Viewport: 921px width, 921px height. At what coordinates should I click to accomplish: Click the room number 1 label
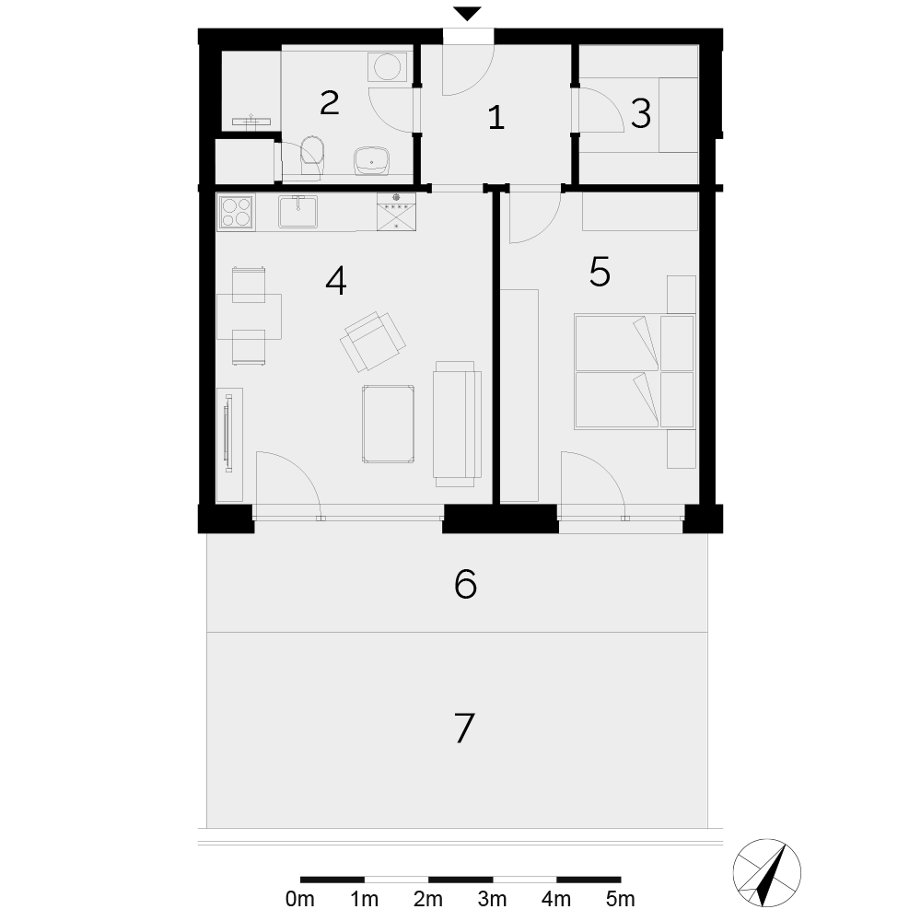click(496, 118)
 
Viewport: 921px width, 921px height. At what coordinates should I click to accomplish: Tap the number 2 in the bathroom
click(330, 103)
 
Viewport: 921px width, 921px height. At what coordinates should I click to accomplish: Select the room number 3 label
click(641, 114)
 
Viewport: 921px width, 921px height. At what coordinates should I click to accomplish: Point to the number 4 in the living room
click(336, 281)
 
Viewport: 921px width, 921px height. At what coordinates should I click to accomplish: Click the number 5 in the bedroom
click(600, 272)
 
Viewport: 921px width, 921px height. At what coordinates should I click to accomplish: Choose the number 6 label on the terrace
click(465, 585)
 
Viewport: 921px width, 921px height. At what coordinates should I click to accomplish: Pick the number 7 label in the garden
click(464, 729)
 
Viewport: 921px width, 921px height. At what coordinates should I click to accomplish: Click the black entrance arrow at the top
click(468, 14)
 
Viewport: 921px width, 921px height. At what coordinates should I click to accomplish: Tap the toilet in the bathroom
click(312, 155)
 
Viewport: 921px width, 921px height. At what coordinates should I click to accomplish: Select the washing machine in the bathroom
click(387, 67)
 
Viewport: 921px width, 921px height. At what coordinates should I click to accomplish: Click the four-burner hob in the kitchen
click(236, 212)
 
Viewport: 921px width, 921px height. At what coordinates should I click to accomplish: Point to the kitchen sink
click(297, 212)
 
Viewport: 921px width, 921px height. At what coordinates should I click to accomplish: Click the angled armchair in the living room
click(373, 342)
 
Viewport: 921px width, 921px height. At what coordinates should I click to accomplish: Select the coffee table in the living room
click(389, 424)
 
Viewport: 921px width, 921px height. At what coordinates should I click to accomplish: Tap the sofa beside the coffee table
click(457, 424)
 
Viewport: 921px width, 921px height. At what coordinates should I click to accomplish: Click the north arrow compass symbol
click(766, 872)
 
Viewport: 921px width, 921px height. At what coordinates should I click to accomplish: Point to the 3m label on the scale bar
click(492, 899)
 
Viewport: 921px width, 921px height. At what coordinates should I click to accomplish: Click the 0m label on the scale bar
click(299, 899)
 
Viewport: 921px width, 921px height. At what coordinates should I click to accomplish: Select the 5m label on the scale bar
click(620, 899)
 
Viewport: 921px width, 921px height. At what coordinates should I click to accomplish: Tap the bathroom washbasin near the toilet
click(371, 160)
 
